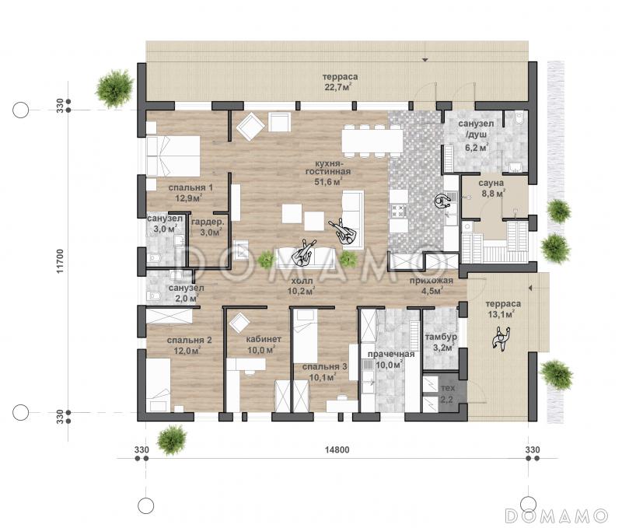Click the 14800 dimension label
(337, 450)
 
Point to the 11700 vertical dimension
(60, 261)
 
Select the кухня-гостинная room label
(327, 167)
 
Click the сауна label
(491, 184)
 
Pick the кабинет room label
(264, 339)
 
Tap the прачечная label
(391, 354)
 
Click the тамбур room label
(441, 337)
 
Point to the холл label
(302, 281)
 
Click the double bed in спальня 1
(173, 156)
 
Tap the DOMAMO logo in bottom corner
(557, 515)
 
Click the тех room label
(448, 387)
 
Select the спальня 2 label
(189, 341)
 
